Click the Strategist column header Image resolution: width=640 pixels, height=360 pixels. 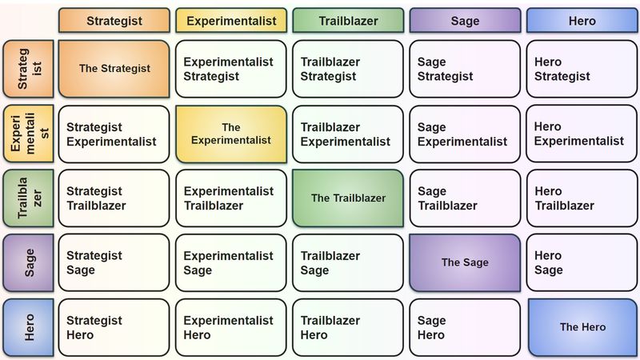point(114,20)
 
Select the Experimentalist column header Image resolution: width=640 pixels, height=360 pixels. point(230,20)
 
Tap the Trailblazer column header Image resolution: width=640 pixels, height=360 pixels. point(347,20)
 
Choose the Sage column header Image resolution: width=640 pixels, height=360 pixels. point(465,20)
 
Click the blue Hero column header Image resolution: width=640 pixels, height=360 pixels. point(582,20)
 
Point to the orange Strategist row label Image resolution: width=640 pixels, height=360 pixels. point(28,69)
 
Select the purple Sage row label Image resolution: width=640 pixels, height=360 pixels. point(28,262)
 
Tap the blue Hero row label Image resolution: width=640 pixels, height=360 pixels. point(28,327)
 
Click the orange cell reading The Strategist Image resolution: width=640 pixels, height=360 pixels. point(114,69)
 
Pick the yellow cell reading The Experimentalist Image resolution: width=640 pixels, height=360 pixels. point(230,134)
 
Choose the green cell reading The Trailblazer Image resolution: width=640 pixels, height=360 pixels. point(347,198)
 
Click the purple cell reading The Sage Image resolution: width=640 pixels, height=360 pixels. point(465,262)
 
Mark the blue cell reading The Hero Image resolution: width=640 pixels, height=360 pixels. point(582,327)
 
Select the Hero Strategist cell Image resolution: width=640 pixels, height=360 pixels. point(582,69)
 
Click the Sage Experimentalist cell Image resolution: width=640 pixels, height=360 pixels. point(465,134)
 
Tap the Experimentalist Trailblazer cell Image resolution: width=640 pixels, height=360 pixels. point(230,198)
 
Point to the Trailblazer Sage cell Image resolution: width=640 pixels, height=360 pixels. point(347,262)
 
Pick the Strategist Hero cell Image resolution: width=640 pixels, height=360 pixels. point(114,327)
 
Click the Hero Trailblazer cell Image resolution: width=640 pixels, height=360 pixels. point(582,198)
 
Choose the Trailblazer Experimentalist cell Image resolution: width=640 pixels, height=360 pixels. point(347,134)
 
